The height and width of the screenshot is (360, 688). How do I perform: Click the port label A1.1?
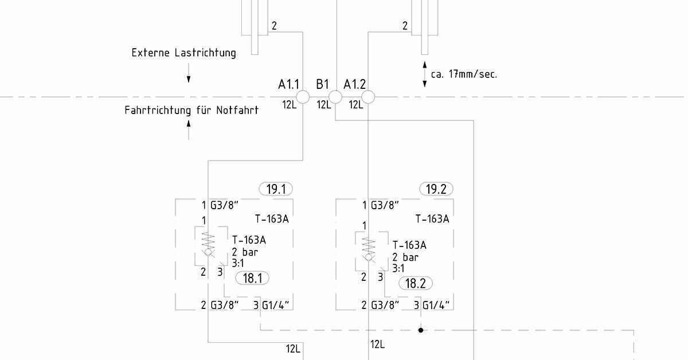point(288,84)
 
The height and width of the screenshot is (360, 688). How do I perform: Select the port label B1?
point(322,84)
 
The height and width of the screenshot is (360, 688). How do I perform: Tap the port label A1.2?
point(354,84)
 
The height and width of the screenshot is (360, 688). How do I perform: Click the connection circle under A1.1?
point(303,97)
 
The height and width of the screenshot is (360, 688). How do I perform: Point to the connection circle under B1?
point(335,97)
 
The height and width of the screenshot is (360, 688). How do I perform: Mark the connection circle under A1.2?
point(368,97)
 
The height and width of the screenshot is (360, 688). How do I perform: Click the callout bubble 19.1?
point(276,189)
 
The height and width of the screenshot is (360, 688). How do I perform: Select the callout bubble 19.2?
point(436,189)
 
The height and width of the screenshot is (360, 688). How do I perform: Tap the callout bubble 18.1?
point(252,278)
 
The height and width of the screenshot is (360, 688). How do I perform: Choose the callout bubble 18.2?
point(416,283)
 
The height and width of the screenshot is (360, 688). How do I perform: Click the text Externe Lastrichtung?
point(183,53)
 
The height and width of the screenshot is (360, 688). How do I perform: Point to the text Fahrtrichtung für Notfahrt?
point(191,110)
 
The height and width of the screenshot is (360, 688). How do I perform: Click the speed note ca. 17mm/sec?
point(464,75)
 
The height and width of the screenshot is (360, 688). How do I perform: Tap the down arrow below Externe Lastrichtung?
point(189,73)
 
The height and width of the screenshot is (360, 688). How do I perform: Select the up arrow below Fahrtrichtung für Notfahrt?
point(189,130)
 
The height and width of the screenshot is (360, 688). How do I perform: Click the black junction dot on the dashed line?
point(421,330)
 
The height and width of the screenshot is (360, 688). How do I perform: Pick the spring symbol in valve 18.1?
point(208,241)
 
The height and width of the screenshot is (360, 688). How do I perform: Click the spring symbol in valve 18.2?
point(369,246)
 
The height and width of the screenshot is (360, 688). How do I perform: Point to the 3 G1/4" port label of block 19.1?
point(271,305)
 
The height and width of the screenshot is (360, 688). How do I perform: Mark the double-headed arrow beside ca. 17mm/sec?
point(425,75)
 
